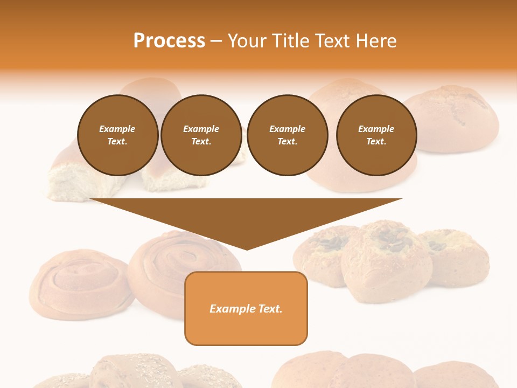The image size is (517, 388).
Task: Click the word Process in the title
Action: pyautogui.click(x=169, y=41)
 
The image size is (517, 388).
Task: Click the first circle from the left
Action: pyautogui.click(x=117, y=135)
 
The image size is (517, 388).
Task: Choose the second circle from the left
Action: pyautogui.click(x=201, y=135)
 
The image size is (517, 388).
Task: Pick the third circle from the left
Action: pyautogui.click(x=287, y=135)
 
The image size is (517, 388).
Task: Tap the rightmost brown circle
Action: pyautogui.click(x=376, y=135)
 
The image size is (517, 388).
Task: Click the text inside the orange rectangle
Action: pyautogui.click(x=246, y=309)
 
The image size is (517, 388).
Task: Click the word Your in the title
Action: pyautogui.click(x=248, y=41)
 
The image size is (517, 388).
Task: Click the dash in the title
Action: pyautogui.click(x=216, y=41)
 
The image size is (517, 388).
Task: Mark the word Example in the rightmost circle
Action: pyautogui.click(x=376, y=129)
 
